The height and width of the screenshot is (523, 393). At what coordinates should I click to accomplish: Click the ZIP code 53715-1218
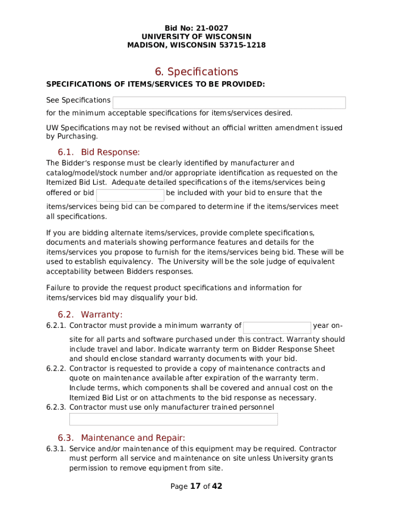(242, 45)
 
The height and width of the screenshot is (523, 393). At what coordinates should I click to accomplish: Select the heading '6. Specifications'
(196, 72)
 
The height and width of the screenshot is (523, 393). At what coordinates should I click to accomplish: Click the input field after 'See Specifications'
(229, 103)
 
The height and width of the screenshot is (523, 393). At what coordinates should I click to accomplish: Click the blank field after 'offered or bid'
(130, 195)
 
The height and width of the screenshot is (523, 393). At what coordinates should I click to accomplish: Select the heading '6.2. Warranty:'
(90, 315)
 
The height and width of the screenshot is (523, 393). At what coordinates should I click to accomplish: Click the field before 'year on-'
(277, 327)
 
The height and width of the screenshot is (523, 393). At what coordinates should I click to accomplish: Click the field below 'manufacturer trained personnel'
(174, 419)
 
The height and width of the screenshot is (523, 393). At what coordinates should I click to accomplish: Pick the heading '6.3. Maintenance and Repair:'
(121, 438)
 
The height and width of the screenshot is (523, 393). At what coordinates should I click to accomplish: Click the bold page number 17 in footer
(195, 486)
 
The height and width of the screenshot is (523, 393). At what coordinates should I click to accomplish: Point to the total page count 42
(217, 486)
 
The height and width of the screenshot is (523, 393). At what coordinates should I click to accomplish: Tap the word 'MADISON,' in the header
(146, 45)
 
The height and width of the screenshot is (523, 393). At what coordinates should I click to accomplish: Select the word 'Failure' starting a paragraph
(58, 288)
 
